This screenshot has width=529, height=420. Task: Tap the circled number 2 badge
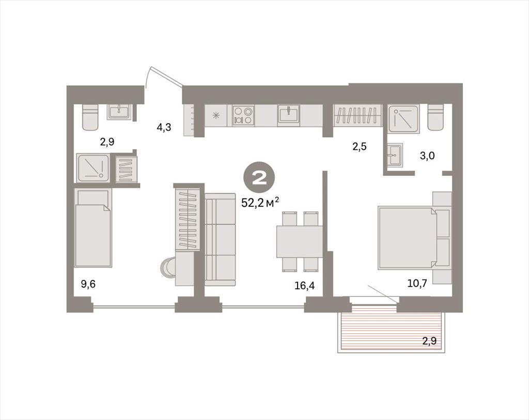(259, 178)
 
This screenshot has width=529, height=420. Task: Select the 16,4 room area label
(304, 286)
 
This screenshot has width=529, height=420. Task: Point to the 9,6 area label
(88, 284)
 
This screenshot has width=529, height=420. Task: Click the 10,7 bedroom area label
(417, 283)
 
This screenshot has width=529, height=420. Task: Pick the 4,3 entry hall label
(164, 127)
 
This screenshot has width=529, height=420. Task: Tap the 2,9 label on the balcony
(429, 340)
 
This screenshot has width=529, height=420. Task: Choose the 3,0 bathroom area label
(427, 156)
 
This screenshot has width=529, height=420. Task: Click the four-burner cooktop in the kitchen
(243, 115)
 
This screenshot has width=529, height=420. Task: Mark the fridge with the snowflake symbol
(216, 115)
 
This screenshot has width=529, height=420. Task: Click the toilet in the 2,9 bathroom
(90, 117)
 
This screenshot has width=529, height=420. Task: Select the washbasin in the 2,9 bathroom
(119, 112)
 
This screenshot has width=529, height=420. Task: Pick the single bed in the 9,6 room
(93, 228)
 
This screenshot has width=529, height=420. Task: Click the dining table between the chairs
(299, 241)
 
